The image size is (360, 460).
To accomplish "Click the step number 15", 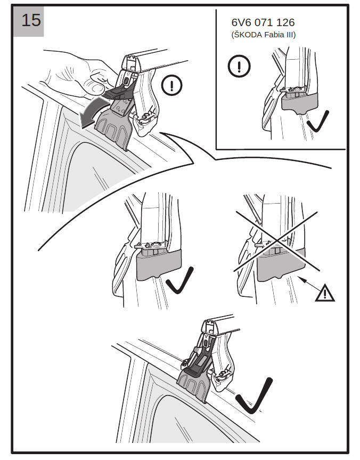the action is point(31,20).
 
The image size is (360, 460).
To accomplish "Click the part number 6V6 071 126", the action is point(263,22).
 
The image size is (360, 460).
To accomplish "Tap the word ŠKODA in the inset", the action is point(247,35).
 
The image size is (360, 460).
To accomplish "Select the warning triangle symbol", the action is point(325,293).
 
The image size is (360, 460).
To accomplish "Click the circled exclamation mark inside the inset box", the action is point(239,66).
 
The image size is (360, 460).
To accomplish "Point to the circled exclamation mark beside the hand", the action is point(172,85).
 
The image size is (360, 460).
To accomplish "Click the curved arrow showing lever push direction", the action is point(92,113).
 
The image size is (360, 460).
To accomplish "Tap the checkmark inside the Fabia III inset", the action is point(318,122).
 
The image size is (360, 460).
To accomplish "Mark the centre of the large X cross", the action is point(277,241).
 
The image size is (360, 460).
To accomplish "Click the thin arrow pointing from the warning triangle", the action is point(307,283).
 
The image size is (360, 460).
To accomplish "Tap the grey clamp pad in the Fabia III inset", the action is point(299,103).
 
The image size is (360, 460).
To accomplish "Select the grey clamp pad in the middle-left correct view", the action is point(158,265).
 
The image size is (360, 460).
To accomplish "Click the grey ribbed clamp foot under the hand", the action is point(113,129).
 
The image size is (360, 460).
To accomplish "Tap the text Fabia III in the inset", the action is point(280,35).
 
